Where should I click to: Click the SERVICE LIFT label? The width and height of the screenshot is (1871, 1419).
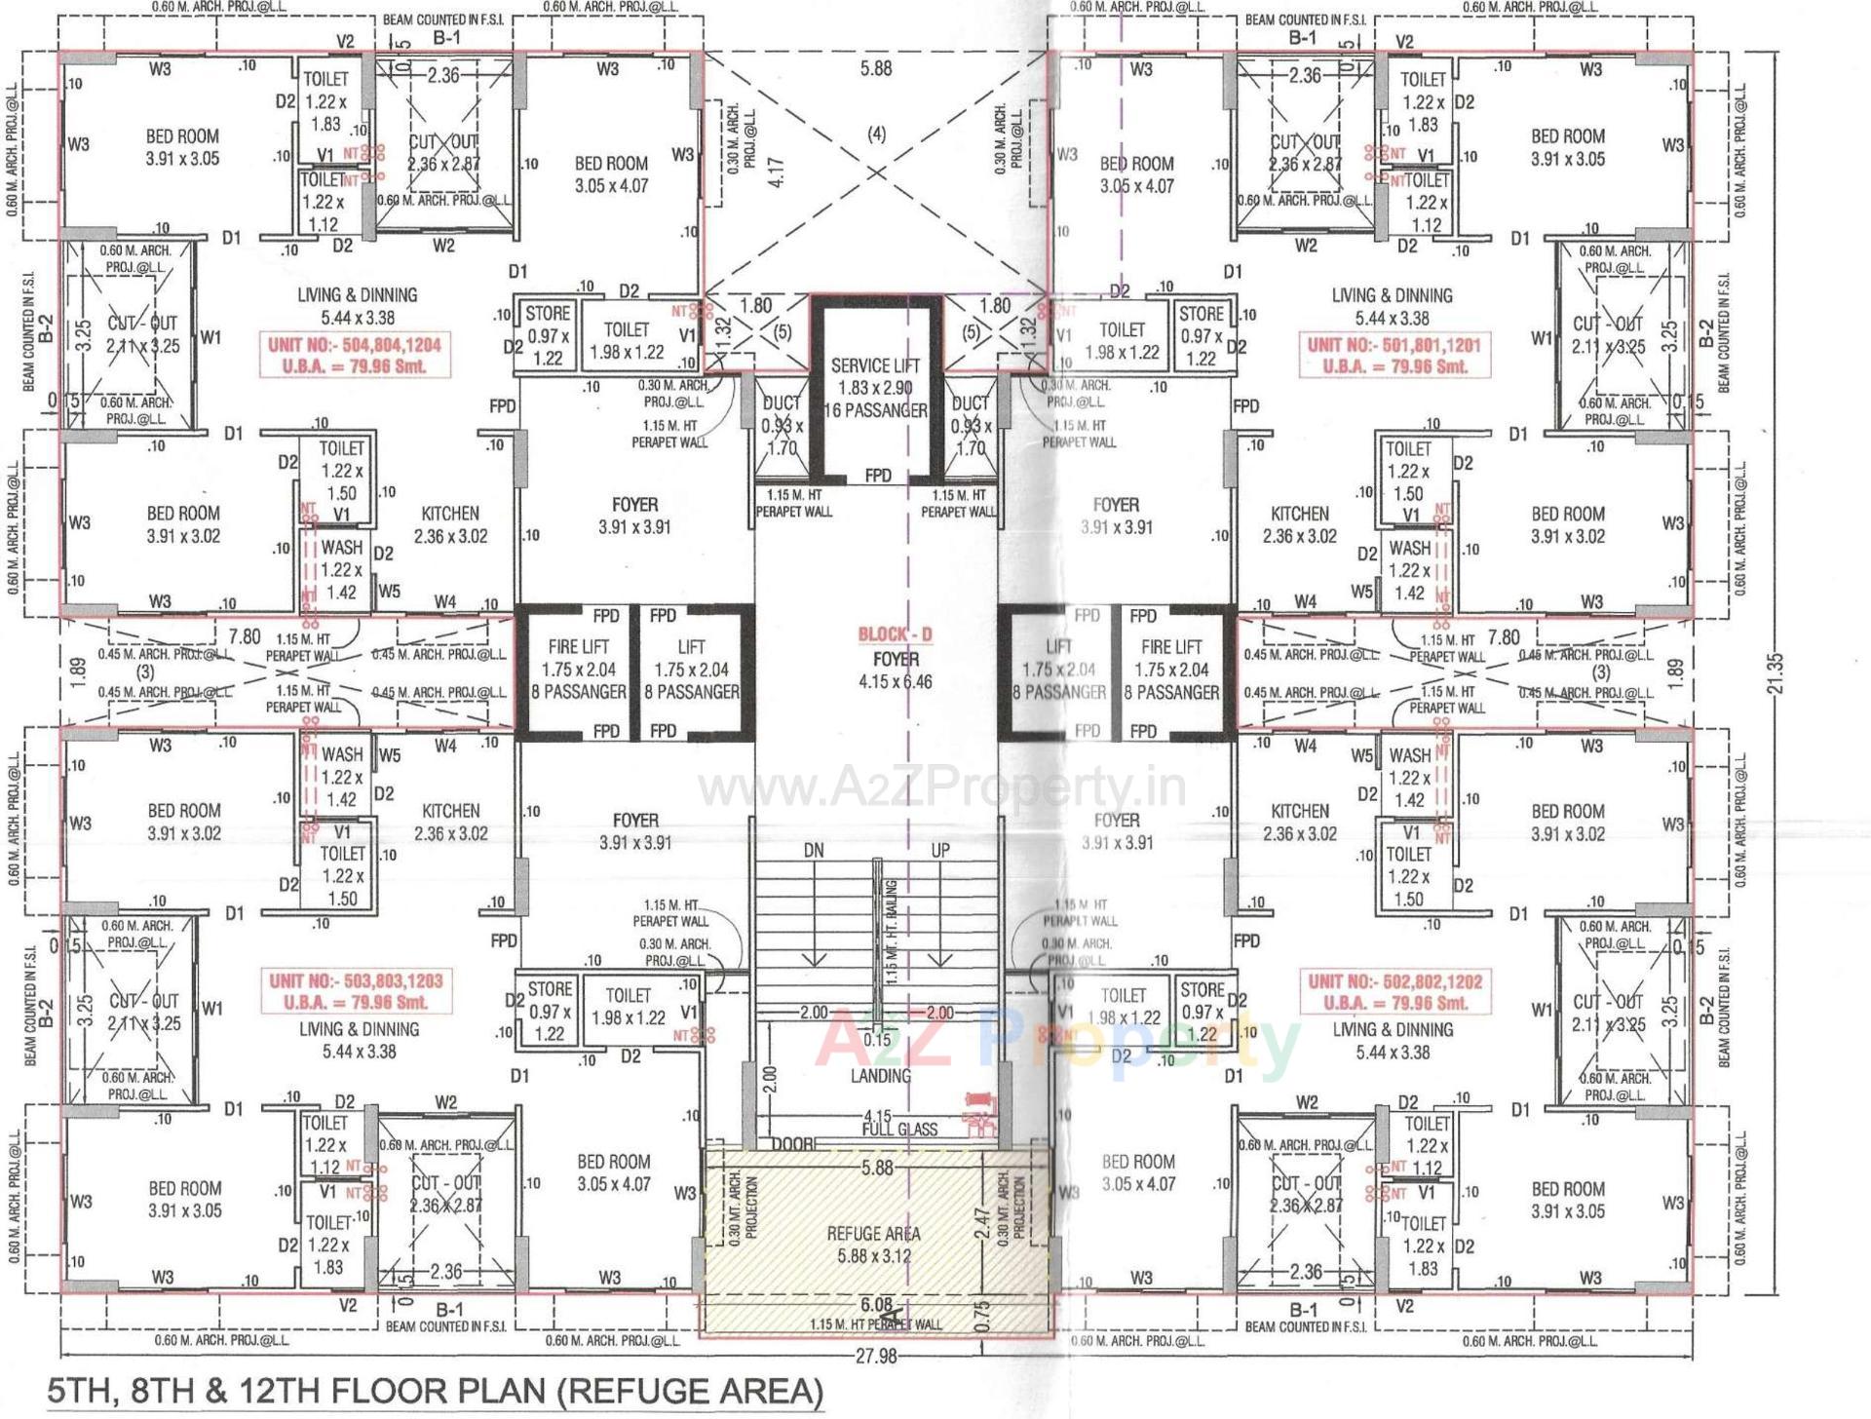tap(874, 366)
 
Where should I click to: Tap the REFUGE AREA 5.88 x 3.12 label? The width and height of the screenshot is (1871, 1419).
tap(873, 1245)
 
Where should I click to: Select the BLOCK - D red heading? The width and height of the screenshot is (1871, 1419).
tap(895, 634)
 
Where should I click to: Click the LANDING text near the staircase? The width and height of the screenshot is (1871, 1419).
tap(880, 1076)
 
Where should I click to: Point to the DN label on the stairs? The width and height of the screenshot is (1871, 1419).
tap(814, 851)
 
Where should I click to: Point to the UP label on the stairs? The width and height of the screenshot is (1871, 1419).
tap(939, 851)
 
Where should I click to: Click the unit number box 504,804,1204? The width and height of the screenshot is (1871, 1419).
tap(355, 356)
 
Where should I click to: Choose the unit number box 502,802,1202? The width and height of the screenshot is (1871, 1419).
tap(1394, 992)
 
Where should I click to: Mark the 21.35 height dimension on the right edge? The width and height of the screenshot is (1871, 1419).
tap(1776, 672)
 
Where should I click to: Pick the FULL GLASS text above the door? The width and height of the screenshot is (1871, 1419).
tap(899, 1130)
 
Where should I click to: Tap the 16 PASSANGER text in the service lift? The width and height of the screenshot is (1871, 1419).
tap(875, 411)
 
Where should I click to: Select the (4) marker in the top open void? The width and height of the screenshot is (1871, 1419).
tap(876, 134)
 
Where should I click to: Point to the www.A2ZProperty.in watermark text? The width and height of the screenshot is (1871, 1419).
tap(941, 788)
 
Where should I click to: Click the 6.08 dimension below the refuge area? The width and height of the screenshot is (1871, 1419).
tap(876, 1304)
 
